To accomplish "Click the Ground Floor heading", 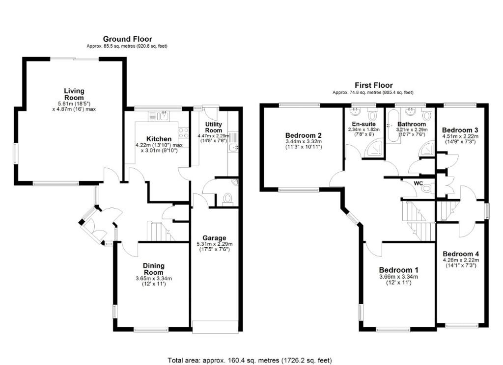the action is tap(127, 39).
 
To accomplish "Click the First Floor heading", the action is tap(374, 85).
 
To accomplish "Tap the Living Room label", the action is tap(74, 94).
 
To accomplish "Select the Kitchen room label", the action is tap(159, 139).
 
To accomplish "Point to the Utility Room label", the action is tap(214, 127).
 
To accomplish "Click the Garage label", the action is tap(214, 238).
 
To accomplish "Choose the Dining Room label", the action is tap(154, 269).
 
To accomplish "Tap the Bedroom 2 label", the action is tap(304, 135).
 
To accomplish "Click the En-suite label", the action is tap(364, 124).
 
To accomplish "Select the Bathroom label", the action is tap(412, 124).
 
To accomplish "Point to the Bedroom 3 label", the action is tap(460, 130).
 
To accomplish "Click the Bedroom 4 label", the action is tap(461, 254).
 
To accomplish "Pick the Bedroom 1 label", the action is tap(399, 270).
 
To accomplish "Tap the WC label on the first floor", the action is tap(419, 183).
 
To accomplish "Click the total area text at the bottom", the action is tap(250, 361).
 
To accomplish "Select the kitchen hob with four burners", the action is tap(183, 133).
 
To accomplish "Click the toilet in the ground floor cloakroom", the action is tap(227, 198).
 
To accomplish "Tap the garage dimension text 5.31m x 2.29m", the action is tap(214, 244).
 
